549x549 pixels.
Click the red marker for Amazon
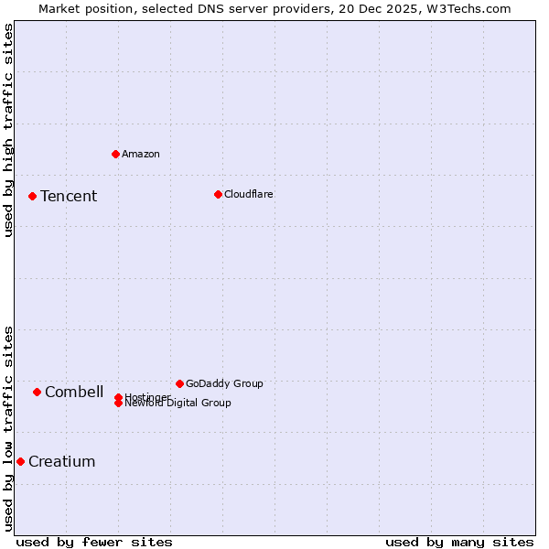tap(115, 154)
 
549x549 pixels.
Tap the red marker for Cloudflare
tap(218, 194)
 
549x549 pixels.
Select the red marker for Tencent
tap(32, 196)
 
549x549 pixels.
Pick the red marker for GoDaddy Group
tap(179, 383)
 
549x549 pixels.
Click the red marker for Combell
tap(37, 392)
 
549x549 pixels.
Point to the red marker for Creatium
tap(20, 461)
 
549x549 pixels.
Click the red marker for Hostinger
tap(118, 397)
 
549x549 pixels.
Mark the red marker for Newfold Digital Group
tap(118, 404)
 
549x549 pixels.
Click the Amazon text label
tap(141, 154)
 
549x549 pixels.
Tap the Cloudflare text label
tap(249, 194)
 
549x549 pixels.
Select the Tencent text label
tap(69, 196)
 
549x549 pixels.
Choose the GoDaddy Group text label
tap(224, 383)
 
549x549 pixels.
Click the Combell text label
tap(74, 392)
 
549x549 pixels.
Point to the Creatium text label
tap(62, 461)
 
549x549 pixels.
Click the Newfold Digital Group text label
tap(178, 404)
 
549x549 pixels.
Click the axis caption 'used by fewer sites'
tap(94, 542)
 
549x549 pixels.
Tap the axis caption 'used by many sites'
tap(459, 542)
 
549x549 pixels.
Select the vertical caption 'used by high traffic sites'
tap(8, 130)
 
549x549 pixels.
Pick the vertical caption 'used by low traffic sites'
tap(8, 427)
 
